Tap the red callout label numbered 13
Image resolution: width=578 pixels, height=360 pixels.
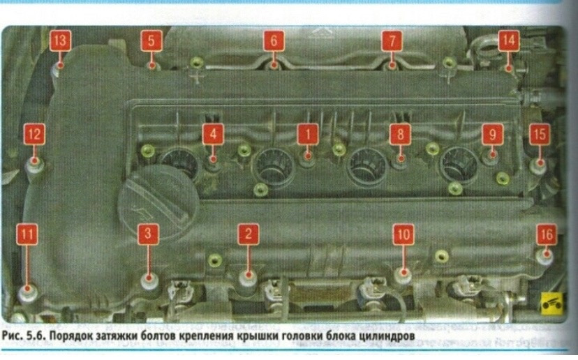[61, 40]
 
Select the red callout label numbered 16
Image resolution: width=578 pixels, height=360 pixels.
[547, 234]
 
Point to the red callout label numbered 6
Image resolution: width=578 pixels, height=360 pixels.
[274, 40]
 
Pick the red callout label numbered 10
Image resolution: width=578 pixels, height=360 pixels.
[402, 234]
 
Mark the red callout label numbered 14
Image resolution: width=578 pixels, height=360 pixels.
[509, 40]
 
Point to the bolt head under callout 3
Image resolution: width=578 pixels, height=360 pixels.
[148, 281]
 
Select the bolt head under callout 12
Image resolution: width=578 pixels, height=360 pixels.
[35, 165]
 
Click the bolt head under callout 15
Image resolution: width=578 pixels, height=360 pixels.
[538, 166]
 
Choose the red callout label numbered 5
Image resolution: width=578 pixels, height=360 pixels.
[151, 40]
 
